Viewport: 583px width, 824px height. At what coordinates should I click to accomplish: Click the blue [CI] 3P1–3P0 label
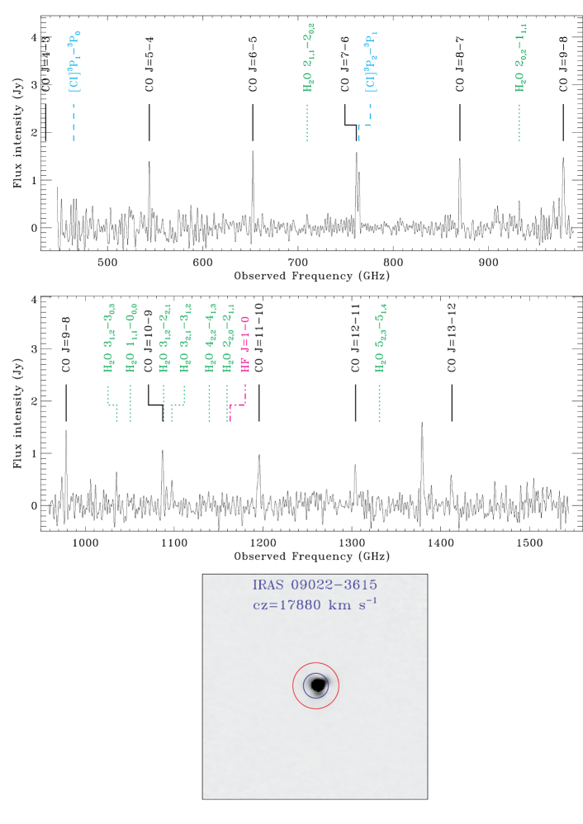pyautogui.click(x=74, y=62)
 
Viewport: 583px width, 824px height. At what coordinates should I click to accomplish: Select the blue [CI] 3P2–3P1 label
pyautogui.click(x=371, y=62)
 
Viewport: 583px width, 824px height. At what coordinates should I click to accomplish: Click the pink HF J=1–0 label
pyautogui.click(x=245, y=344)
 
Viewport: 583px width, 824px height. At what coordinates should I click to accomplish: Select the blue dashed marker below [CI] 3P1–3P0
pyautogui.click(x=73, y=122)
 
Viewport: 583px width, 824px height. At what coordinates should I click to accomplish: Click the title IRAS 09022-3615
pyautogui.click(x=315, y=585)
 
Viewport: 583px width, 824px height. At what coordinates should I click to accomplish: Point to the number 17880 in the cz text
pyautogui.click(x=300, y=605)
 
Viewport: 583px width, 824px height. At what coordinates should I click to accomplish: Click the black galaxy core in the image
pyautogui.click(x=317, y=684)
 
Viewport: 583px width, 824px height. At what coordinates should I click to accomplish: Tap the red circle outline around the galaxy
pyautogui.click(x=293, y=685)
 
